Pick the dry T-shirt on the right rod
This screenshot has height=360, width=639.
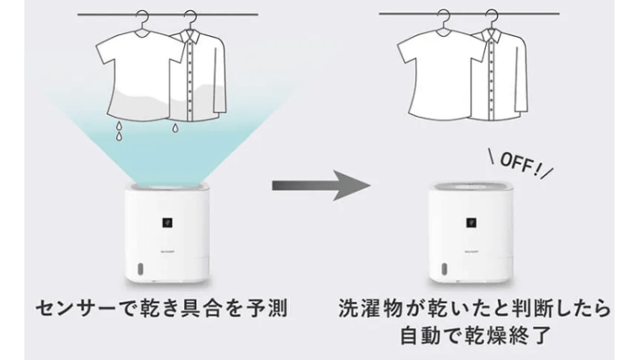coord(437,76)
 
